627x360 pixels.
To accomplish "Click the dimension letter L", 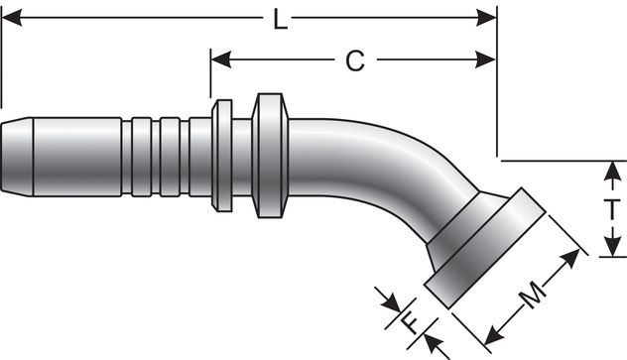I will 281,19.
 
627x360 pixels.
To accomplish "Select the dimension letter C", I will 354,61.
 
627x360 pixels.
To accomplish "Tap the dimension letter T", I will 613,209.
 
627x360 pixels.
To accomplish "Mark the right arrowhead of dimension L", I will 486,18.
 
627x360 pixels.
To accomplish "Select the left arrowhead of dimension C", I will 220,60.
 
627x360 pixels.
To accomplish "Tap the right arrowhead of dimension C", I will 486,60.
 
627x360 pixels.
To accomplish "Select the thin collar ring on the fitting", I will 222,155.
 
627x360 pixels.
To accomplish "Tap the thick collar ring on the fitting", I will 268,155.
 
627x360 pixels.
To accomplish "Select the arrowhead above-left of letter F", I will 384,297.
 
